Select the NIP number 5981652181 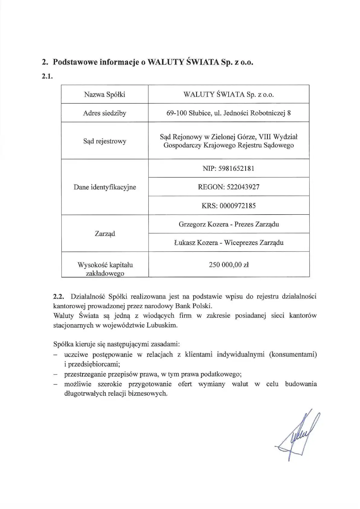pos(236,168)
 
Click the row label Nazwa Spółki pos(104,95)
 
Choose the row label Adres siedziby pos(104,113)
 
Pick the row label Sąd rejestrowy pos(104,141)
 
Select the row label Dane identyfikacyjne pos(104,187)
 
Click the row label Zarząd pos(104,234)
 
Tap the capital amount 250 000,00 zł pos(229,265)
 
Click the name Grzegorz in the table pos(191,224)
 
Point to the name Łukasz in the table pos(184,243)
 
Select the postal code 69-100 pos(177,113)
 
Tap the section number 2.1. pos(47,76)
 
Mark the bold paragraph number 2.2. pos(59,297)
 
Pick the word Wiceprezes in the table pos(241,243)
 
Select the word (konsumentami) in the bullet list pos(293,354)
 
